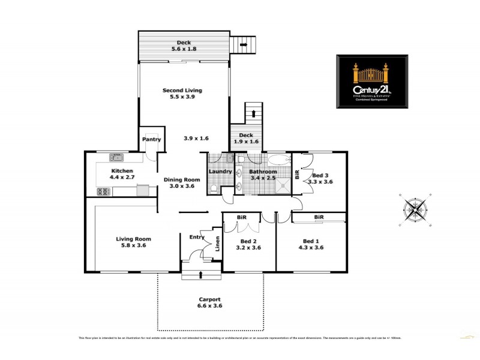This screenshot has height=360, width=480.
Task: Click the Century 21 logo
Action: (x=373, y=82)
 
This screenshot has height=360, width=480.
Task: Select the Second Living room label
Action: (x=182, y=91)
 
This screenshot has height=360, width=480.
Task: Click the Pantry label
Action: (x=151, y=139)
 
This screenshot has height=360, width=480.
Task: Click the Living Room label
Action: (x=131, y=239)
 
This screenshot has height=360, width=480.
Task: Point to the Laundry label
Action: (x=220, y=172)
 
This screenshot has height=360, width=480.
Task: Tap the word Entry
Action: (x=197, y=236)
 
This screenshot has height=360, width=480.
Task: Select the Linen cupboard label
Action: (x=218, y=244)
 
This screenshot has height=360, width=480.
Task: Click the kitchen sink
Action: (x=116, y=158)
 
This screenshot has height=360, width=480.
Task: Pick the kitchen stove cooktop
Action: (x=103, y=192)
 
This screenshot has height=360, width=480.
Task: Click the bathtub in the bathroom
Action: (x=278, y=160)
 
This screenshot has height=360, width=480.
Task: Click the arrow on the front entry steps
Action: (x=200, y=275)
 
